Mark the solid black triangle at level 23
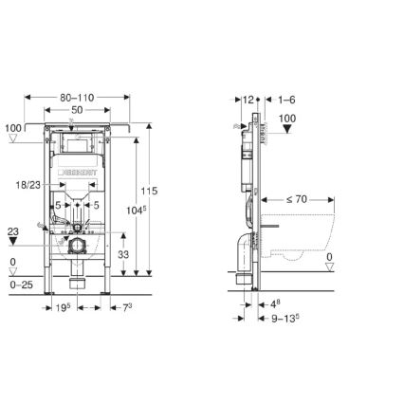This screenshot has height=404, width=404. point(11,240)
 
